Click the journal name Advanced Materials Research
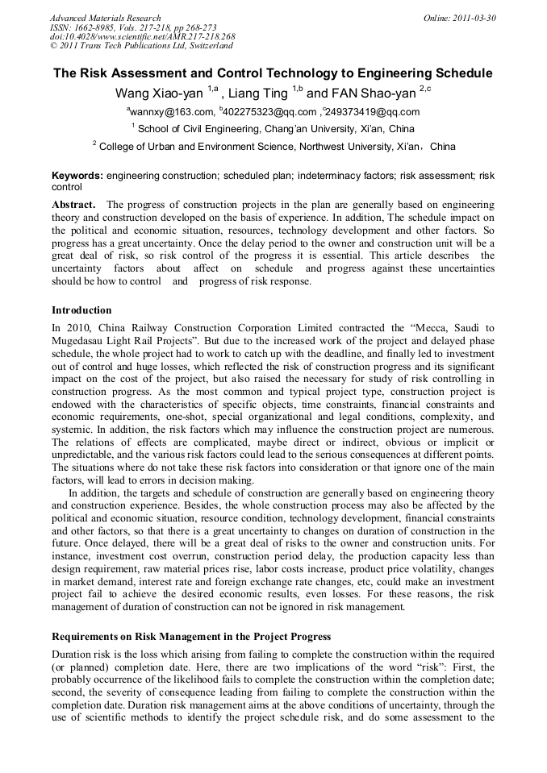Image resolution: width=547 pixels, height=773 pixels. (105, 18)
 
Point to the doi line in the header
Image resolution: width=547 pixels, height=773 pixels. (142, 37)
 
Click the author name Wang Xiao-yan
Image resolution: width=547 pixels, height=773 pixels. (160, 94)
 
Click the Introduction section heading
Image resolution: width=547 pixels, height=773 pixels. (81, 310)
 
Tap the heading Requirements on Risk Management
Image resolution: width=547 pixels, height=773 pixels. (190, 637)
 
